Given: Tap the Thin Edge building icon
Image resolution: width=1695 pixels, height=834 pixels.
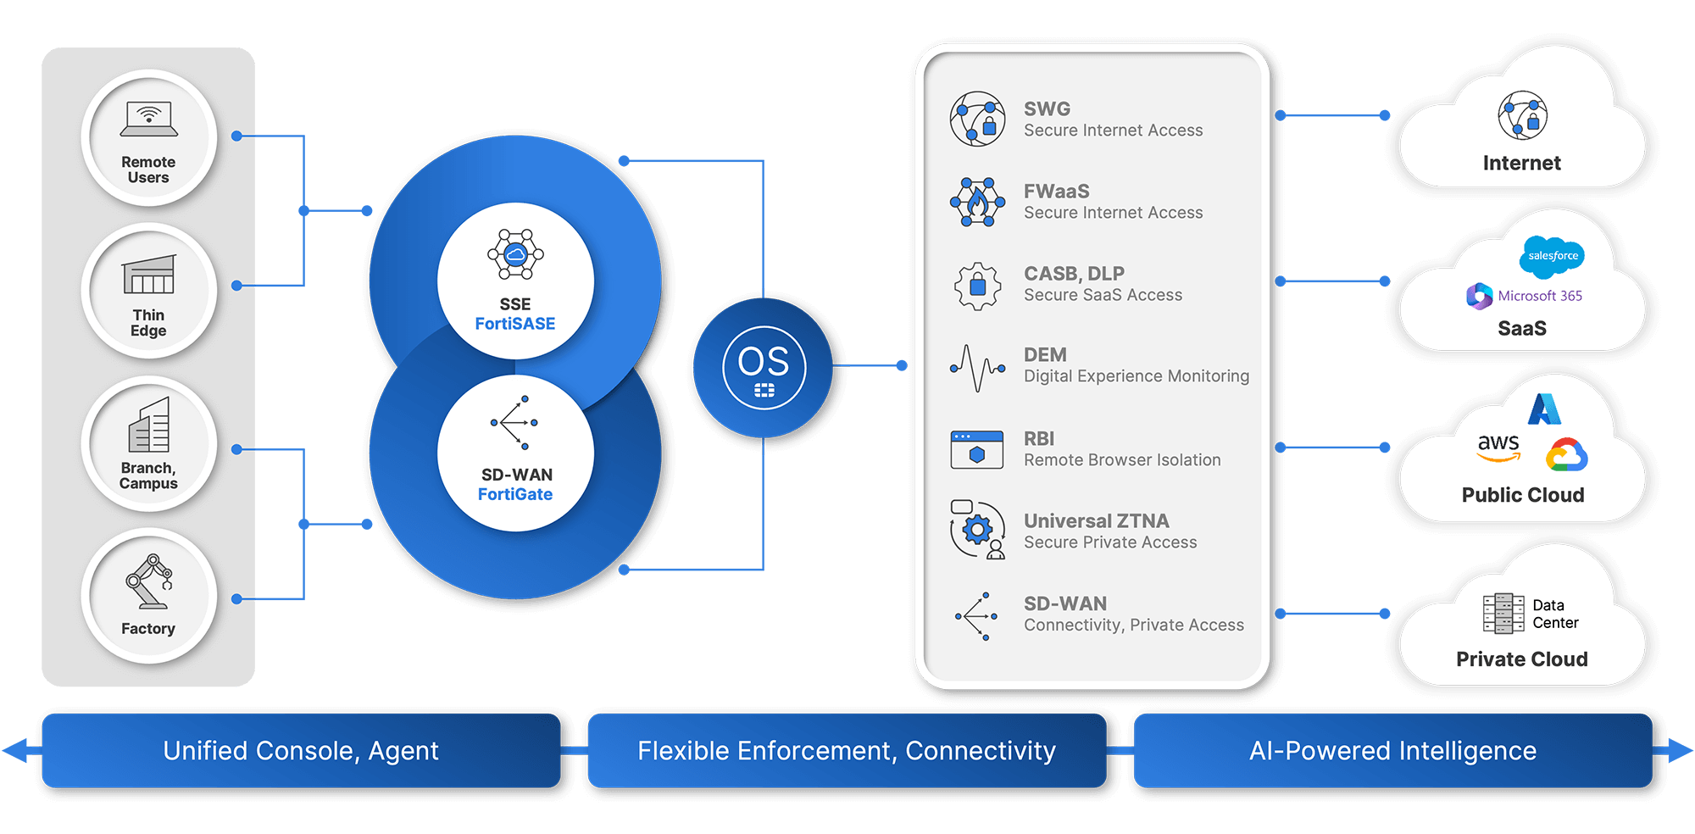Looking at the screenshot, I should pyautogui.click(x=149, y=274).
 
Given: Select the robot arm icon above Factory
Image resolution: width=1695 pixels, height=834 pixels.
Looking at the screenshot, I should pyautogui.click(x=150, y=581).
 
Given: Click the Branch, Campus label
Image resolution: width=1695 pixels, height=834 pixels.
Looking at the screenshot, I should pyautogui.click(x=148, y=475).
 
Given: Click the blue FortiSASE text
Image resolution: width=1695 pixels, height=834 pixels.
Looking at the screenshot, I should pyautogui.click(x=515, y=324).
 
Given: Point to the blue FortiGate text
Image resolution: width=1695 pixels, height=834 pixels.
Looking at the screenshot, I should pyautogui.click(x=515, y=494).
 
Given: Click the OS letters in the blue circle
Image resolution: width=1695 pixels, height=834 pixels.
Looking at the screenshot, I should pyautogui.click(x=764, y=362).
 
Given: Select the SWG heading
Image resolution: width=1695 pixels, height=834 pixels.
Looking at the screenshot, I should pyautogui.click(x=1047, y=108).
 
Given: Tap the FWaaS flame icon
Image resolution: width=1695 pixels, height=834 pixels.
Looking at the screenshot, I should pyautogui.click(x=977, y=202).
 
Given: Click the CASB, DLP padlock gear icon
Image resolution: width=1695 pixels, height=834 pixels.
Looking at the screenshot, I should pyautogui.click(x=977, y=286).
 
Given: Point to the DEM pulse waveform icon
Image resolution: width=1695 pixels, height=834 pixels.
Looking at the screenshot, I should pyautogui.click(x=977, y=368).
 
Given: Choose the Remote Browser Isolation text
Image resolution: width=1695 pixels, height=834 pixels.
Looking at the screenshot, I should pyautogui.click(x=1122, y=460).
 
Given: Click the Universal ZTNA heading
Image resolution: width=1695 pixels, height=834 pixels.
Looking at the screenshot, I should pyautogui.click(x=1096, y=520).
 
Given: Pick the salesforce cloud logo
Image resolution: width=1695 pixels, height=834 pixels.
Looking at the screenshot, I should pyautogui.click(x=1553, y=256).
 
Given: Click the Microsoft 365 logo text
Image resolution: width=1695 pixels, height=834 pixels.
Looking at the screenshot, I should pyautogui.click(x=1540, y=296).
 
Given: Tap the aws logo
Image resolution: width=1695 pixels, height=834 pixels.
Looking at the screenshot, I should pyautogui.click(x=1498, y=447).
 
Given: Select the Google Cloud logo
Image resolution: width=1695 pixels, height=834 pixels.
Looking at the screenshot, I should pyautogui.click(x=1566, y=455).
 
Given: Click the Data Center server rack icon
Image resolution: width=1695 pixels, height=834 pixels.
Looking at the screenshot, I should pyautogui.click(x=1503, y=613).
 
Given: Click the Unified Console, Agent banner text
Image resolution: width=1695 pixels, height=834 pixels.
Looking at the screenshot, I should pyautogui.click(x=301, y=751).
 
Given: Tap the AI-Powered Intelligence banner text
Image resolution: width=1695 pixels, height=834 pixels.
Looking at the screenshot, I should pyautogui.click(x=1392, y=751).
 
